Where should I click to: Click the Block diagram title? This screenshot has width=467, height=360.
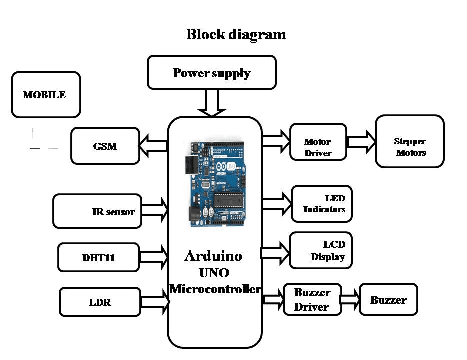(236, 35)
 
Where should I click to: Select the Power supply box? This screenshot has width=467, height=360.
(212, 73)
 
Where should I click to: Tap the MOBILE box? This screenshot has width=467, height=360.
(46, 95)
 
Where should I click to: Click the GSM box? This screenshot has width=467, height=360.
(105, 146)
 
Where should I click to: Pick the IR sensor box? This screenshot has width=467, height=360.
(97, 211)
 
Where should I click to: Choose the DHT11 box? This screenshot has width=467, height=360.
(98, 257)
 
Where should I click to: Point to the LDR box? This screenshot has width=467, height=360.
(100, 302)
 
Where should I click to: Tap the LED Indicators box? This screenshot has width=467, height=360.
(322, 204)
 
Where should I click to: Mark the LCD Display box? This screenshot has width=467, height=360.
(321, 250)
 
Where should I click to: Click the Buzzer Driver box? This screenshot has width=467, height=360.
(312, 299)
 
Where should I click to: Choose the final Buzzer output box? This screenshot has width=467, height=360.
(388, 300)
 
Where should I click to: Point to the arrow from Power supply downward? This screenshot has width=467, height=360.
(212, 102)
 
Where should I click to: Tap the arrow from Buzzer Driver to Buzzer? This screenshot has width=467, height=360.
(350, 299)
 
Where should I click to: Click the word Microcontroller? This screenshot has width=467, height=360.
(215, 288)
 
